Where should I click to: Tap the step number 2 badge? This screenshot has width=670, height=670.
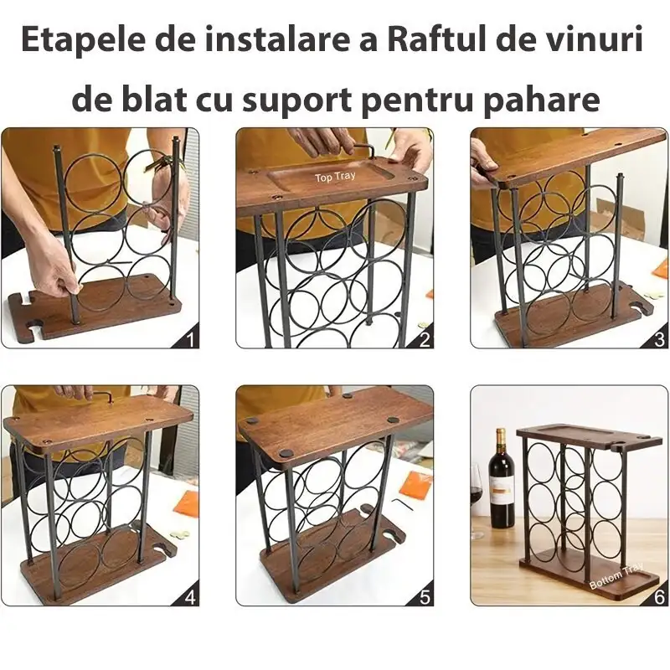click(x=425, y=339)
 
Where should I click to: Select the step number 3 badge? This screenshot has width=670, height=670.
click(x=659, y=339)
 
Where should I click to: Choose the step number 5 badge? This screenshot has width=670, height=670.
click(x=425, y=597)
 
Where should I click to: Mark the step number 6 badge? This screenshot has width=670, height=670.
click(x=659, y=597)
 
